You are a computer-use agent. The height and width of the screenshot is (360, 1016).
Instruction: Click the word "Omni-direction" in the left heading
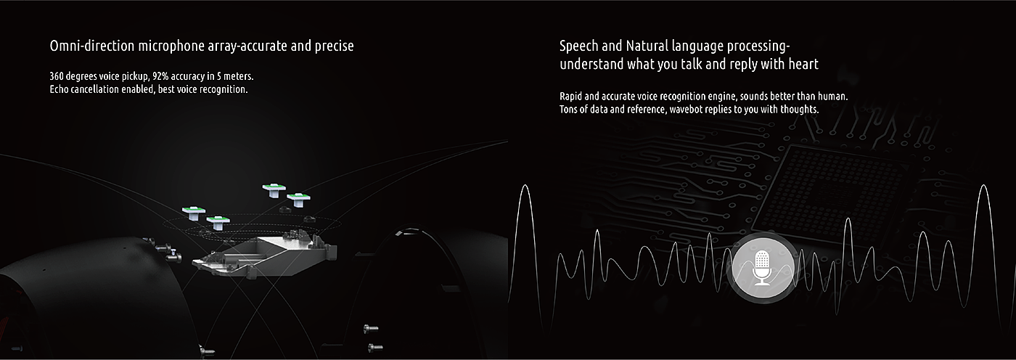point(92,46)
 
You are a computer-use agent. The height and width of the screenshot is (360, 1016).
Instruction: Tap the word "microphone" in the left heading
point(171,46)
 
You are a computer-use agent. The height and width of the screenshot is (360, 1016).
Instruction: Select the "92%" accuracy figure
point(160,76)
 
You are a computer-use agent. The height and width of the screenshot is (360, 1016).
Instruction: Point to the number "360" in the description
point(57,76)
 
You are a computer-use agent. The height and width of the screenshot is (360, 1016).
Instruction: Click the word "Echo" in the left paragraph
point(58,89)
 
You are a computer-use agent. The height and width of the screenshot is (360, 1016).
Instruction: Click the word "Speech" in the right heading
point(579,46)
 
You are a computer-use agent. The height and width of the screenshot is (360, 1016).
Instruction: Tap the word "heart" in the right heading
point(803,64)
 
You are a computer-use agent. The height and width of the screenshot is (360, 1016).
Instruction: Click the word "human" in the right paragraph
point(833,96)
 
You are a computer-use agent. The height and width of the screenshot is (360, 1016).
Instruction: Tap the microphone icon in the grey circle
point(762,269)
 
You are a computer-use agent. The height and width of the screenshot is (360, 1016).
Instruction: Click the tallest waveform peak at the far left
point(525,185)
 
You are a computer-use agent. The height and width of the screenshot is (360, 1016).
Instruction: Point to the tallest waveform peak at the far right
point(983,185)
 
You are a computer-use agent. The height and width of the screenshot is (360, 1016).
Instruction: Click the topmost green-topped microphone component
point(274,189)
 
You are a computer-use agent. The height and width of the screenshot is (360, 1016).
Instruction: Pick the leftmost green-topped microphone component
point(194,213)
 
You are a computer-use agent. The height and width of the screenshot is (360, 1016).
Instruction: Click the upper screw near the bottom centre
point(371,328)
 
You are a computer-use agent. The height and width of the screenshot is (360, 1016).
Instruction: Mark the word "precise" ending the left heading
point(335,46)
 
